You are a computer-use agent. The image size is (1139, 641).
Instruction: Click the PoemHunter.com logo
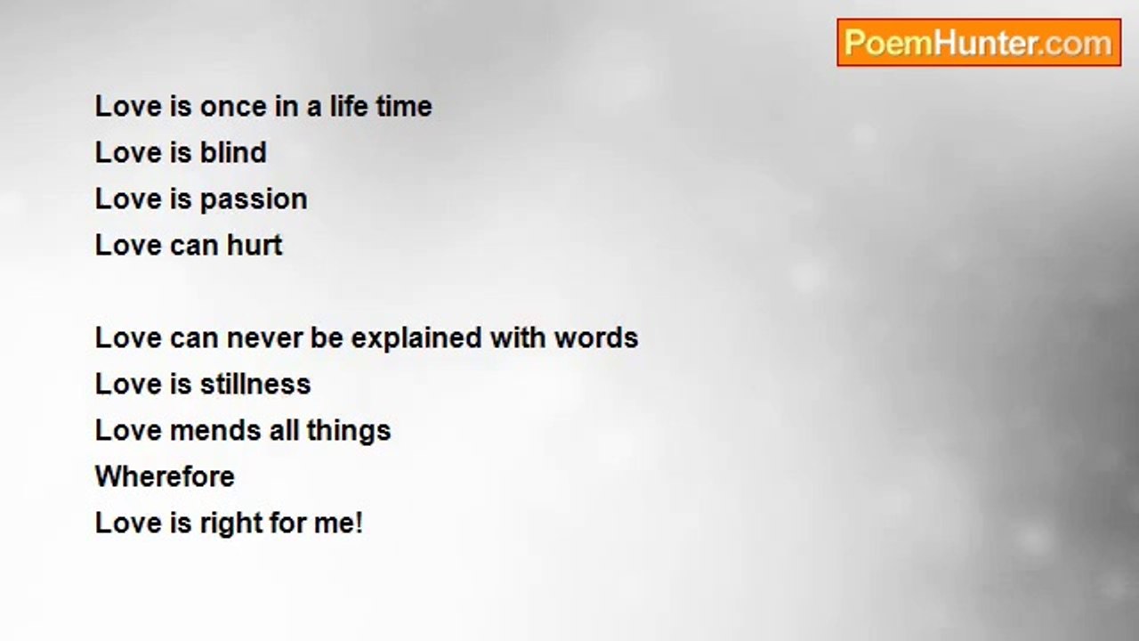click(979, 43)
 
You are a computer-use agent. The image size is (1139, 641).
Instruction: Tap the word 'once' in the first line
click(233, 108)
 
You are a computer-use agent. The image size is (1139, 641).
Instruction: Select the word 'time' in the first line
click(404, 107)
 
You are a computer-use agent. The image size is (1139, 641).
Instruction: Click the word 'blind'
click(233, 152)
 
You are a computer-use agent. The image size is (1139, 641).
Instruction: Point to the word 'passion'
click(254, 200)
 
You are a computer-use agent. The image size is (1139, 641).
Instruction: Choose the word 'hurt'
click(254, 246)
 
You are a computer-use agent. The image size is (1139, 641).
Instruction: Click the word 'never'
click(264, 339)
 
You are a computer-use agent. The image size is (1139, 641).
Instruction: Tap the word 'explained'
click(416, 339)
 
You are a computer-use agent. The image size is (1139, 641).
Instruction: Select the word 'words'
click(596, 337)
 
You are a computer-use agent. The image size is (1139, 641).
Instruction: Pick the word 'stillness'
click(255, 384)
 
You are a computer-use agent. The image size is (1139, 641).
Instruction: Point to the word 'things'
click(348, 432)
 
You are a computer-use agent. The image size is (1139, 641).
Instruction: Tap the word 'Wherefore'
click(165, 476)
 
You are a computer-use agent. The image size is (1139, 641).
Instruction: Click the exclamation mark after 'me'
click(360, 523)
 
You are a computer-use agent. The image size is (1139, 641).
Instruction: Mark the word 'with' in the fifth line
click(518, 337)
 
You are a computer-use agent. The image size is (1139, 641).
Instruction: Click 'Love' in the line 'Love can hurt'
click(128, 246)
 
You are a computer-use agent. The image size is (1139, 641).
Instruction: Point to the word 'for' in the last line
click(287, 523)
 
